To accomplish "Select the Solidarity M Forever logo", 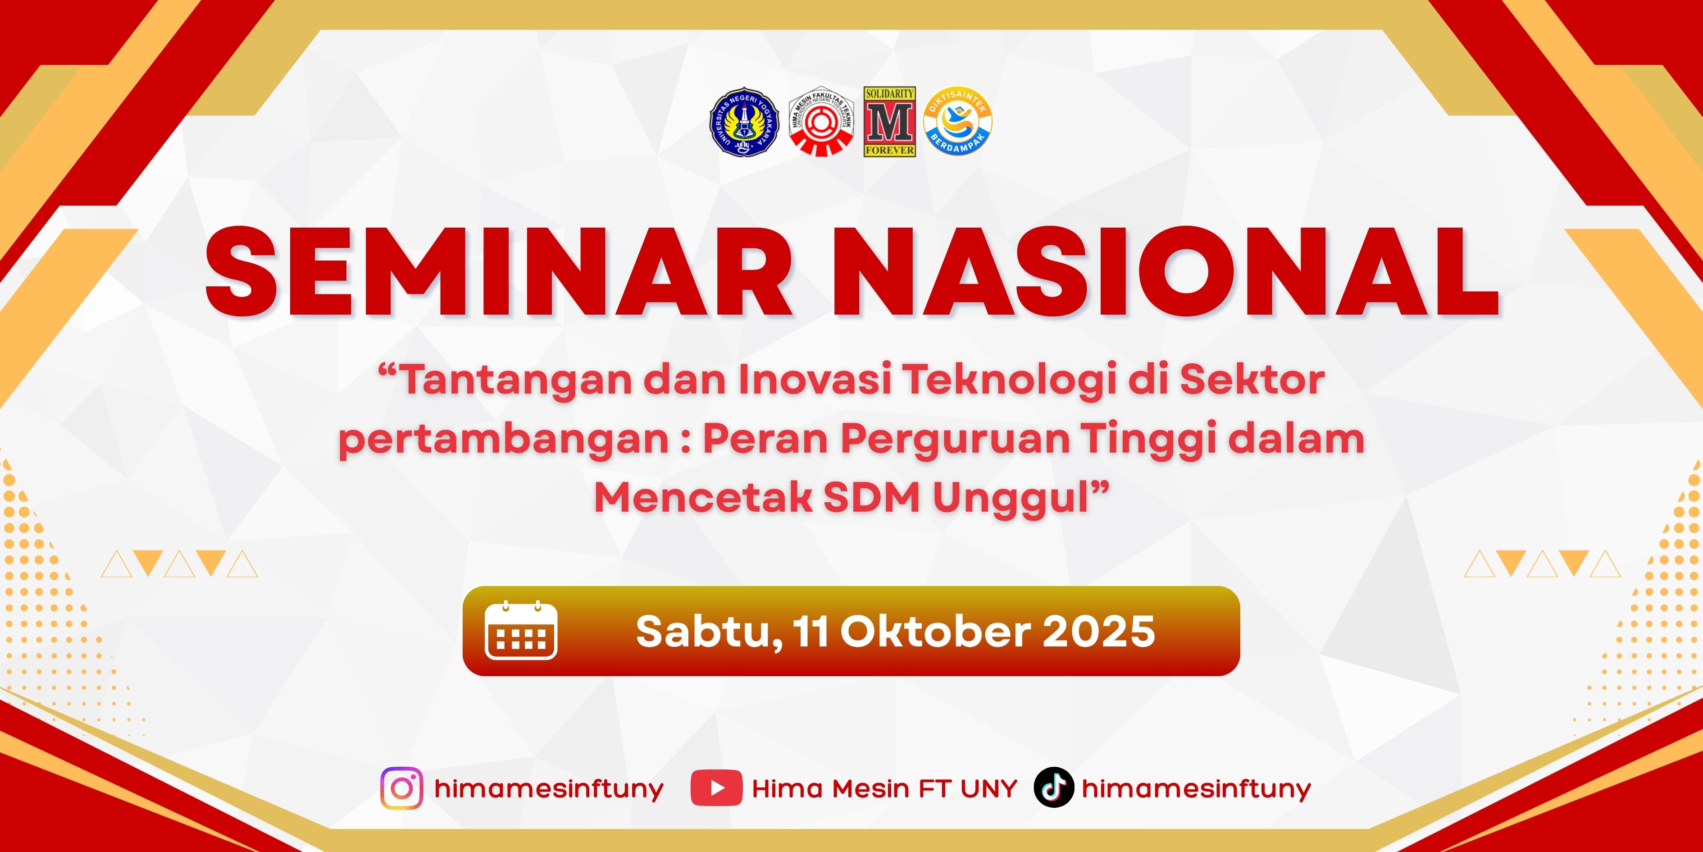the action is pos(889,122).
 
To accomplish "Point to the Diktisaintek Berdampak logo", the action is pos(957,122).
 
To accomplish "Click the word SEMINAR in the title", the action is pos(499,271).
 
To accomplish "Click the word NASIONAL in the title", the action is pos(1166,271).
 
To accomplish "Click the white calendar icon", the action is pos(521,630).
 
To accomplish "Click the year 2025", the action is pos(1099,632).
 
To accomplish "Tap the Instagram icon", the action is pos(401,788).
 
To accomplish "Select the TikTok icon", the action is pos(1053,787).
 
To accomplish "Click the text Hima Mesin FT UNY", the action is pos(884,788).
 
